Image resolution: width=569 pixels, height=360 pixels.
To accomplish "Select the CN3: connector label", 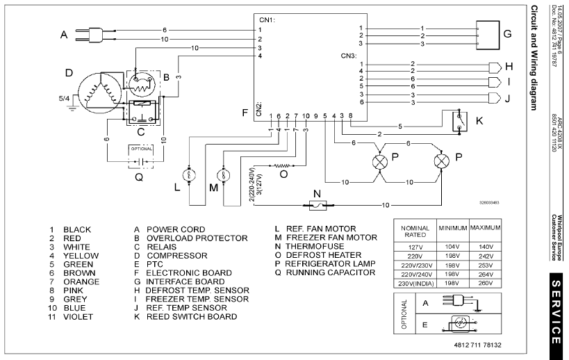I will [x=349, y=55].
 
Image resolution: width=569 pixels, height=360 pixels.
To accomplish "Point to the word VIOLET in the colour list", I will [x=78, y=317].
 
